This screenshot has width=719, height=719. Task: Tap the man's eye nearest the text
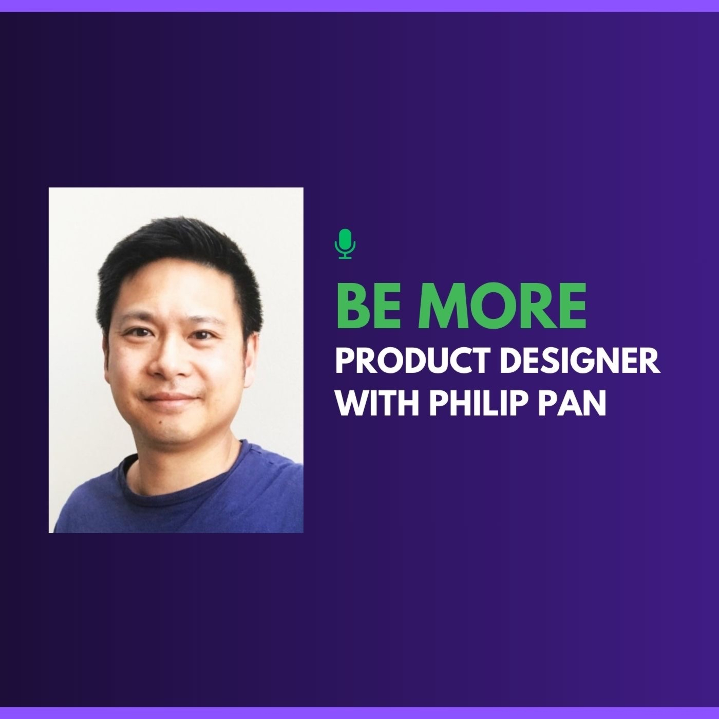click(203, 335)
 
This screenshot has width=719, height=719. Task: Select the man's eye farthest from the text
click(139, 332)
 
